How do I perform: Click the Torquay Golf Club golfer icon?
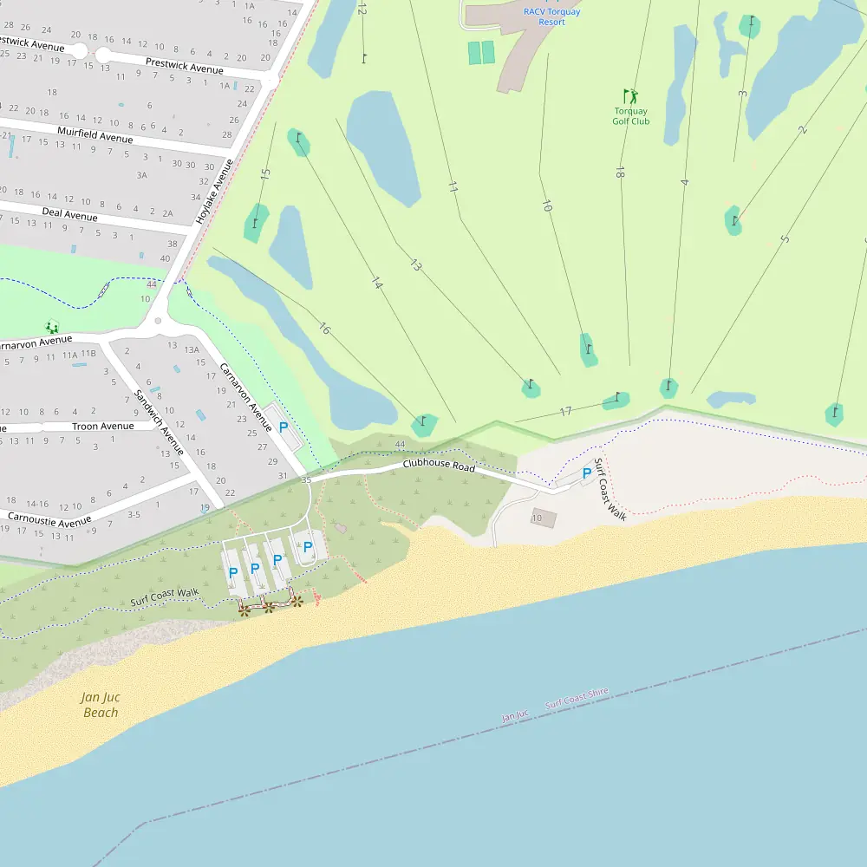(x=630, y=96)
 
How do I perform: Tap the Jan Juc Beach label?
(x=100, y=704)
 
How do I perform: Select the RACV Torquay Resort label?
(x=551, y=16)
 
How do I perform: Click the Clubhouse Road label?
(x=439, y=466)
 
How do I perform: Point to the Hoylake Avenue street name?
(x=215, y=192)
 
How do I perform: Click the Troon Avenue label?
(x=102, y=427)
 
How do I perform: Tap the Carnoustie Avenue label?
(x=49, y=519)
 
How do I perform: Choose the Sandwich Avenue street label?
(x=159, y=422)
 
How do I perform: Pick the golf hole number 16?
(x=324, y=329)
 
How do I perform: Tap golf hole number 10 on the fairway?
(x=546, y=205)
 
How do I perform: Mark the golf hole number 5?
(x=785, y=238)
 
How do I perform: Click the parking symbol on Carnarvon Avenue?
(x=284, y=427)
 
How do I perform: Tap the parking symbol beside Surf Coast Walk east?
(x=587, y=473)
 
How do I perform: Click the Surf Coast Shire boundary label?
(x=577, y=699)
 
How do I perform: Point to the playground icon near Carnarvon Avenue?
(x=52, y=327)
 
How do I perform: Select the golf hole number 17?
(x=565, y=412)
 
